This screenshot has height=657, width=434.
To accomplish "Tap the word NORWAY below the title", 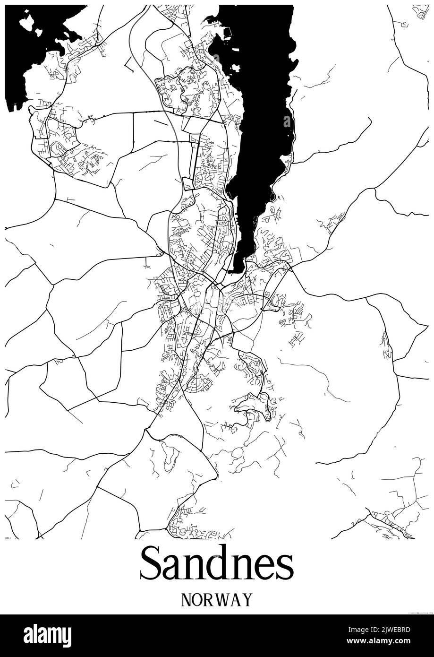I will (217, 599).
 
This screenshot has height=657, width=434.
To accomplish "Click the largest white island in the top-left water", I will (26, 21).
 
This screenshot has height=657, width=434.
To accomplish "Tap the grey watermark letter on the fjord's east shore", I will (287, 121).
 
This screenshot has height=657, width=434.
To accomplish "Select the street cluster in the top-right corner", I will (420, 12).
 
